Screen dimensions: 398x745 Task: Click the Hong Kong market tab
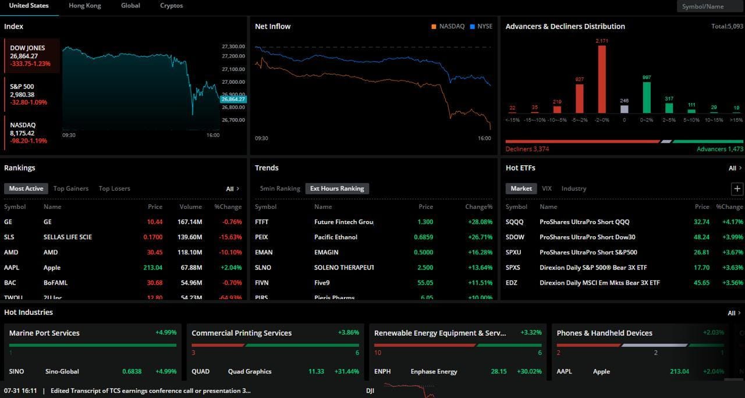pyautogui.click(x=84, y=6)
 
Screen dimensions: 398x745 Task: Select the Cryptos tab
pyautogui.click(x=171, y=6)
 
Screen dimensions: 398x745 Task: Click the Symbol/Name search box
pyautogui.click(x=709, y=6)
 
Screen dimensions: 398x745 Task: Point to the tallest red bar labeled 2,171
pyautogui.click(x=602, y=79)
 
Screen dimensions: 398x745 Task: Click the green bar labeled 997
pyautogui.click(x=646, y=97)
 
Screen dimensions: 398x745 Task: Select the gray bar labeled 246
pyautogui.click(x=625, y=109)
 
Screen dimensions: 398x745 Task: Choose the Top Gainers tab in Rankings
pyautogui.click(x=71, y=189)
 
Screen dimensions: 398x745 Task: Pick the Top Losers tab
pyautogui.click(x=114, y=189)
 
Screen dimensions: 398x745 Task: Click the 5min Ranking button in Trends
pyautogui.click(x=280, y=189)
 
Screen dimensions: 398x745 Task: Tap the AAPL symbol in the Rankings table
pyautogui.click(x=12, y=268)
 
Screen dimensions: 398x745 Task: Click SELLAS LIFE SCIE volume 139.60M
pyautogui.click(x=190, y=237)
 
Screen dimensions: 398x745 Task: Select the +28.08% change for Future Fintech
pyautogui.click(x=480, y=222)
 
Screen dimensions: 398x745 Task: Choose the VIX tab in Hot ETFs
pyautogui.click(x=547, y=189)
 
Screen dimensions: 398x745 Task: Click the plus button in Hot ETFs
pyautogui.click(x=737, y=189)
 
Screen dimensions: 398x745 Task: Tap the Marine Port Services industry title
pyautogui.click(x=44, y=333)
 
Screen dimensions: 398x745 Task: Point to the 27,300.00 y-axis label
pyautogui.click(x=233, y=47)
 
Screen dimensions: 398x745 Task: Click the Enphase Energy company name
pyautogui.click(x=434, y=371)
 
